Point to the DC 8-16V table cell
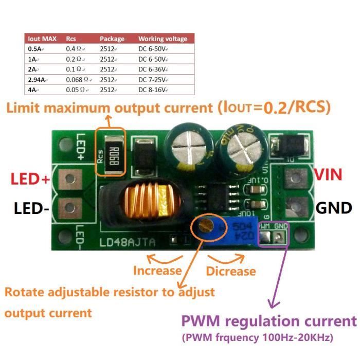coord(153,89)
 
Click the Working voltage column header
coord(163,39)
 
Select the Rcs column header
coord(71,39)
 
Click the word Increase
coord(157,271)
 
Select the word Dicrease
coord(231,271)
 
